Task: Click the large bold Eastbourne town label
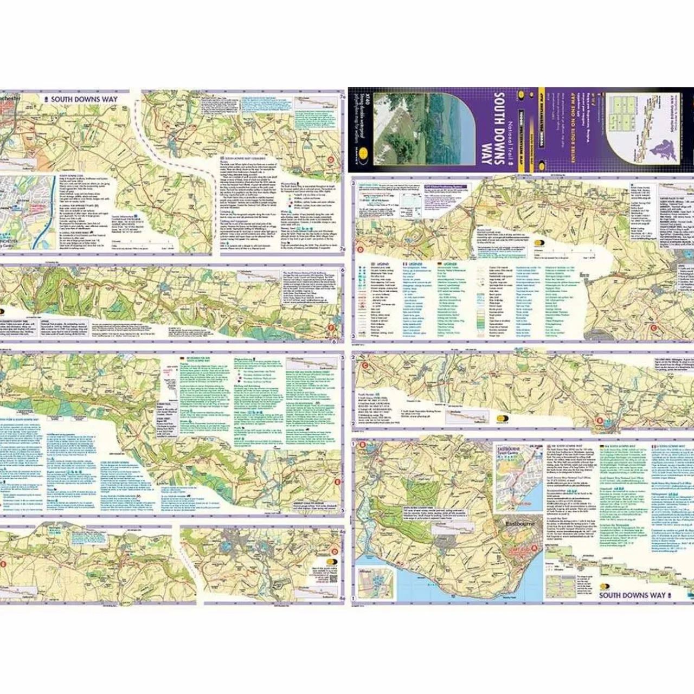(x=520, y=524)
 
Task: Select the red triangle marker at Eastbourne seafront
(x=536, y=549)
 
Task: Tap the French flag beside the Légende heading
(x=404, y=264)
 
